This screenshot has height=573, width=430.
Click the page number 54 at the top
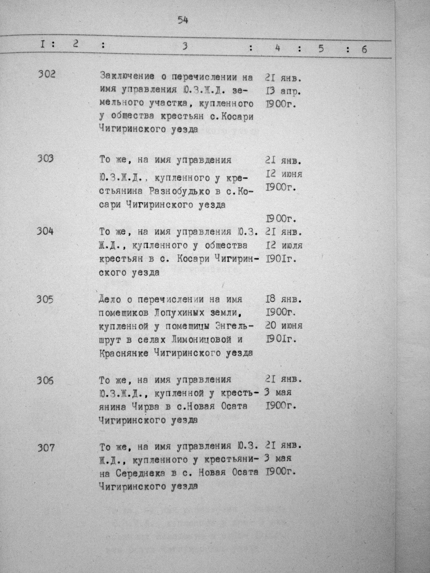(x=183, y=20)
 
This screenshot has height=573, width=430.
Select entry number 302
(x=47, y=75)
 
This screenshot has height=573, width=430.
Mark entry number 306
(x=45, y=380)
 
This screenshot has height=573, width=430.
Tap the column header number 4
(x=278, y=48)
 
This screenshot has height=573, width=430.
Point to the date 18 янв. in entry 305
(x=283, y=300)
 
